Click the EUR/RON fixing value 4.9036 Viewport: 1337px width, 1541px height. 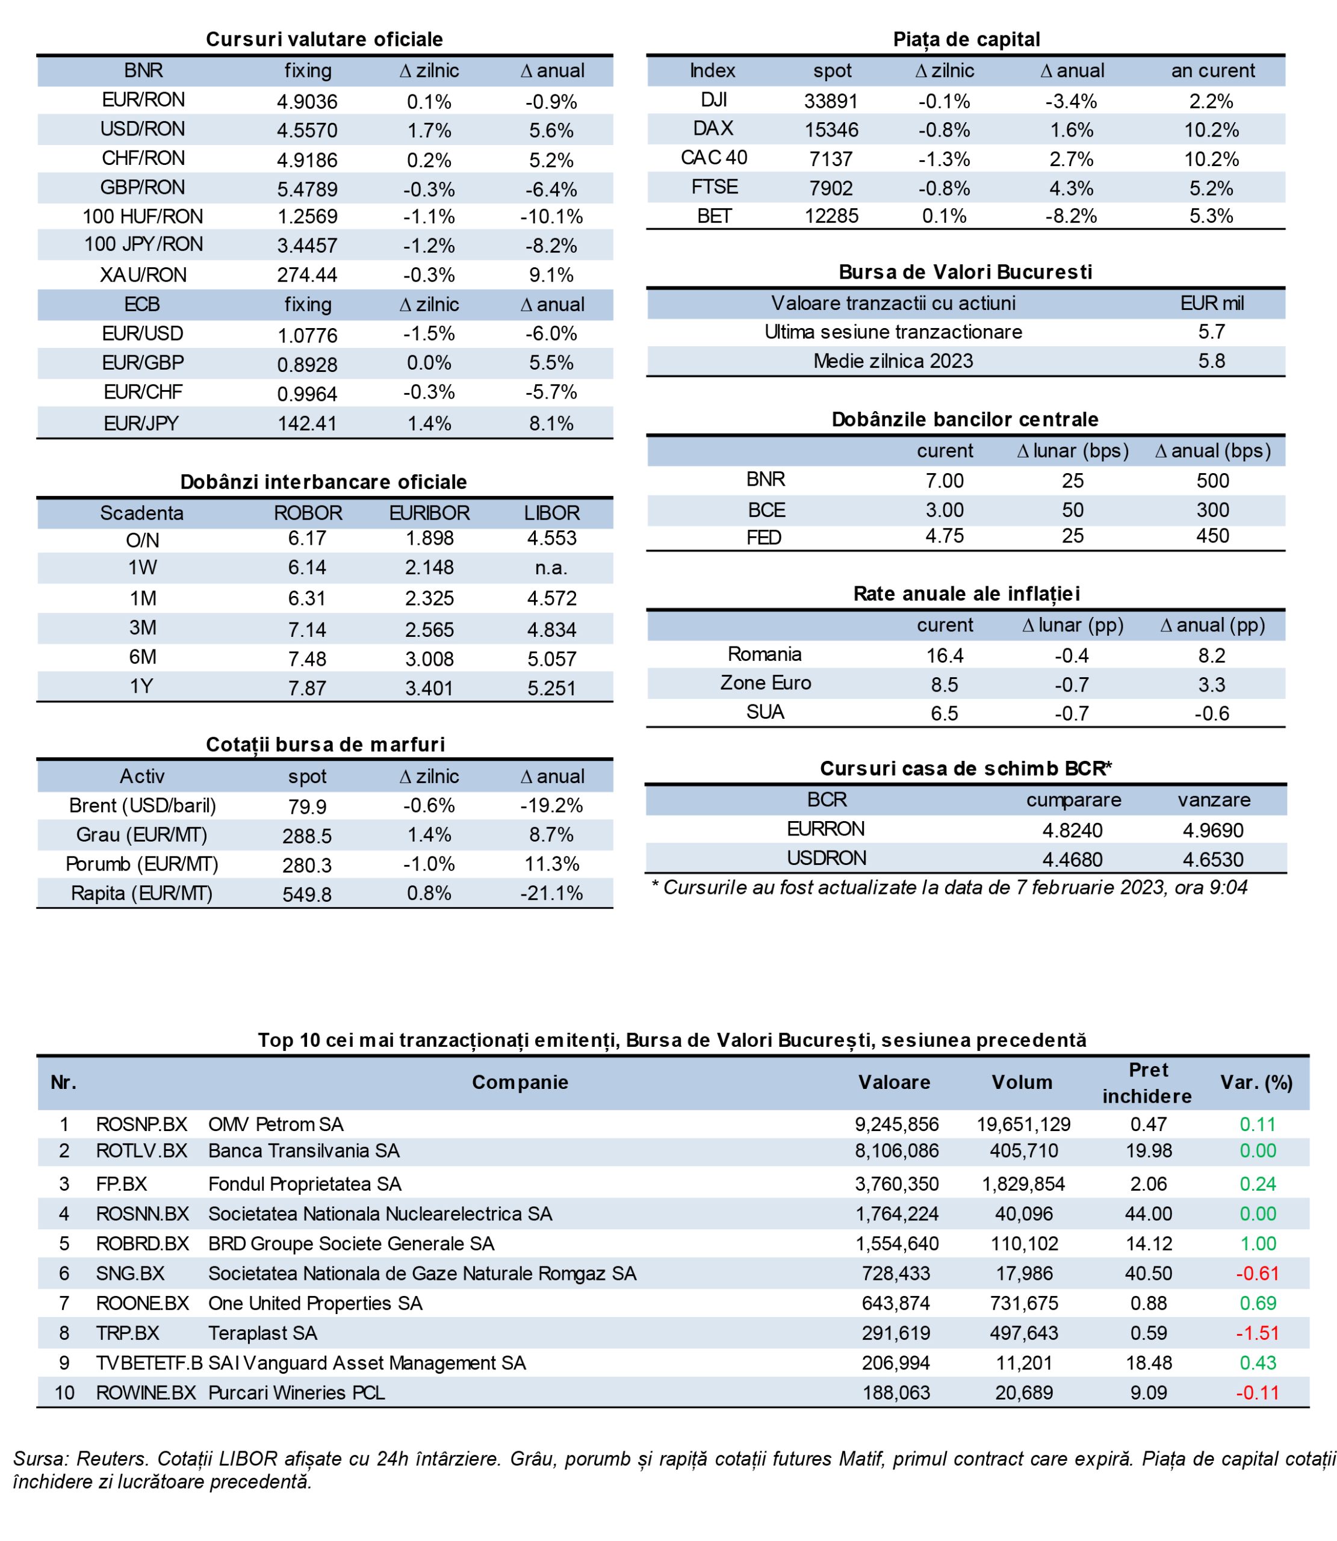coord(308,102)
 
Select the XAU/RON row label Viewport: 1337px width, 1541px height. coord(143,275)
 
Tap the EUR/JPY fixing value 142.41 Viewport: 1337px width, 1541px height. coord(308,424)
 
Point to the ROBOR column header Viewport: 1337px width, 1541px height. coord(308,513)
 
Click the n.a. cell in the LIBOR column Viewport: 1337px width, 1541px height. coord(551,568)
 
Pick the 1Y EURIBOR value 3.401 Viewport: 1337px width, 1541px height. coord(429,687)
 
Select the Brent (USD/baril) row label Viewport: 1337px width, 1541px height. coord(143,805)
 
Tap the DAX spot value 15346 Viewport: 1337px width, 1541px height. coord(831,130)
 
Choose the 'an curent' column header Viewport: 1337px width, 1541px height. coord(1212,71)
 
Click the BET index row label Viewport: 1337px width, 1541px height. coord(714,216)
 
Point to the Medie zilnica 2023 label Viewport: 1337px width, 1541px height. coord(893,361)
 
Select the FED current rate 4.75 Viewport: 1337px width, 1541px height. coord(945,536)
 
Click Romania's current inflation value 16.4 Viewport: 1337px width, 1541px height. coord(945,656)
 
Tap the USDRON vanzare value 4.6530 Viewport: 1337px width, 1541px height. coord(1213,859)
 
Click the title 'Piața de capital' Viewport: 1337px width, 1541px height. coord(966,40)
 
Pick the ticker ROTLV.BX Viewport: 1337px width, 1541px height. coord(141,1151)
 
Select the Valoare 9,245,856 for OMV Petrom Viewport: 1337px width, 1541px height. coord(897,1125)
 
